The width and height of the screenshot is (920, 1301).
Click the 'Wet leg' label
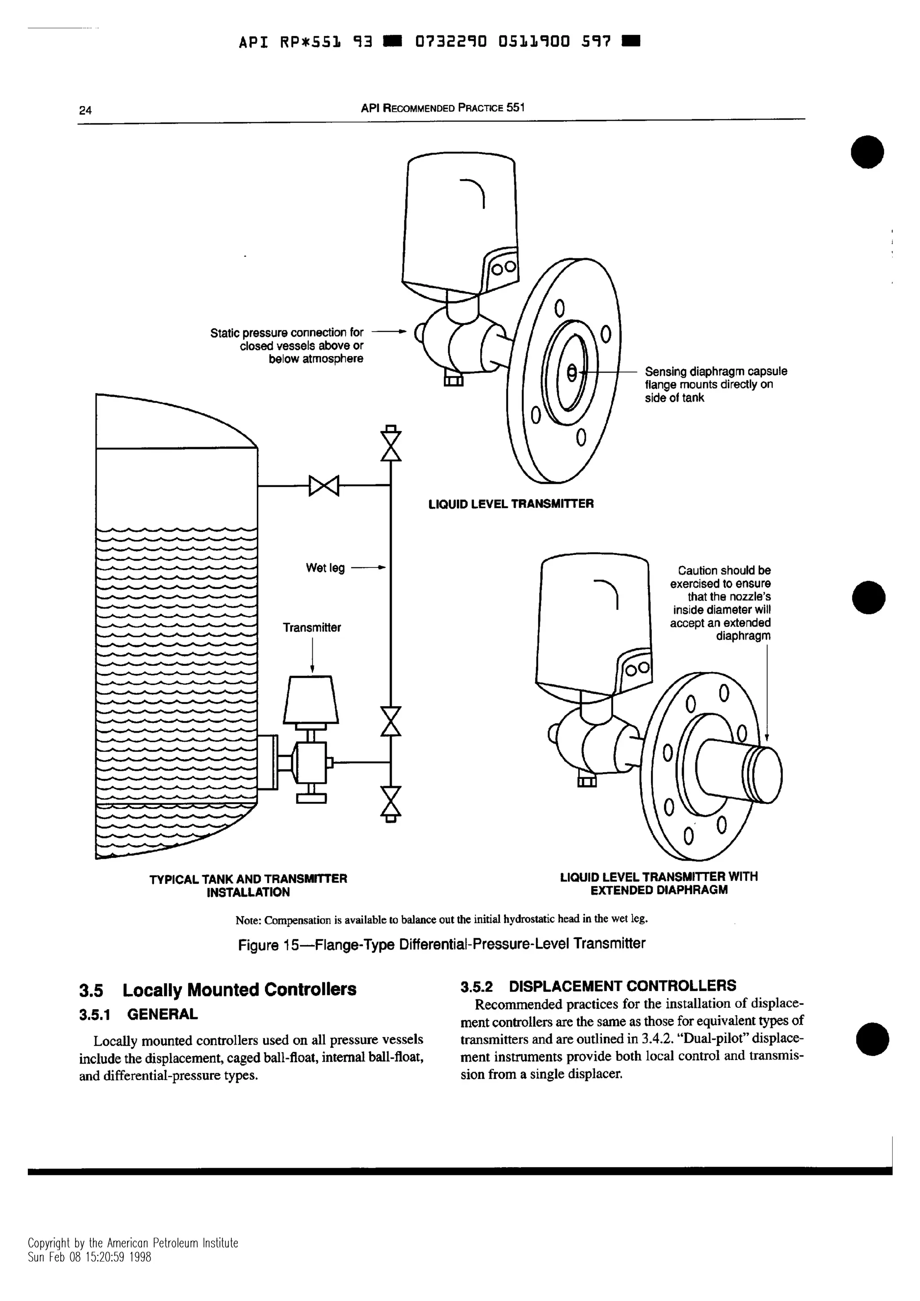325,568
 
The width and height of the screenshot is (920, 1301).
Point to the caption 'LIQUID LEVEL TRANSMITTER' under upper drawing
511,504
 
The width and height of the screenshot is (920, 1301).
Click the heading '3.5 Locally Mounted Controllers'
218,990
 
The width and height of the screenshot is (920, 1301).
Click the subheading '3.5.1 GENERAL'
139,1014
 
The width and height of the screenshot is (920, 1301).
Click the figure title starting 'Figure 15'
441,944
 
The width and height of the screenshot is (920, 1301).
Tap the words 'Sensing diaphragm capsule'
715,372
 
